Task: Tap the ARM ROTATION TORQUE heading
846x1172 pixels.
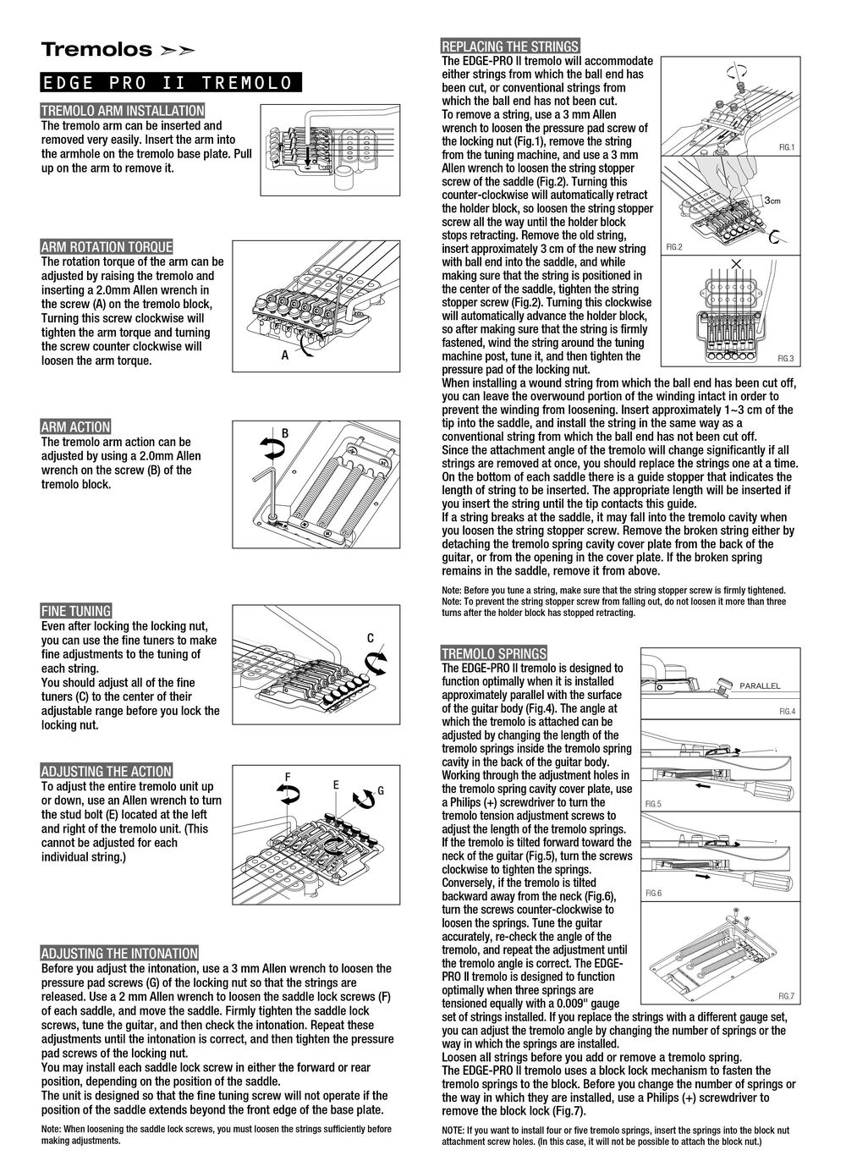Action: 107,247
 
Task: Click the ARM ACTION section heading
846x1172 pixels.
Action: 76,427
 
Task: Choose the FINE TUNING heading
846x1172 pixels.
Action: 76,611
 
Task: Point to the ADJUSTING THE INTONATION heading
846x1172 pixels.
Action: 120,954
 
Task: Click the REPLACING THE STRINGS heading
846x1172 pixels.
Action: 511,47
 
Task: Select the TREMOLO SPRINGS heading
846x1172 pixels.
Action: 495,653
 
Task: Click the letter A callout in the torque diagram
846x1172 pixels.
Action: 285,356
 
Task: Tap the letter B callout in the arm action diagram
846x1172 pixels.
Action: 285,433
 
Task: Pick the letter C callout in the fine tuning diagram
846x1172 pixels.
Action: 371,637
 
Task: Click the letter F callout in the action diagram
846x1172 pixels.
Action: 288,777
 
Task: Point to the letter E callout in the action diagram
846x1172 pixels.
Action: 336,785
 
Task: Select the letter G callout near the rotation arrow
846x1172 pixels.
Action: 381,790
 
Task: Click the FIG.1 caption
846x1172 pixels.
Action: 787,147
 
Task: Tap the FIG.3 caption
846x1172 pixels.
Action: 786,359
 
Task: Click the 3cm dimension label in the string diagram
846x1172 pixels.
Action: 772,201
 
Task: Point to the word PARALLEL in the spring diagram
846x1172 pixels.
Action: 760,685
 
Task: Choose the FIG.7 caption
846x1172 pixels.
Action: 787,995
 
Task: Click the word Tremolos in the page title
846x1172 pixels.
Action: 96,50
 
